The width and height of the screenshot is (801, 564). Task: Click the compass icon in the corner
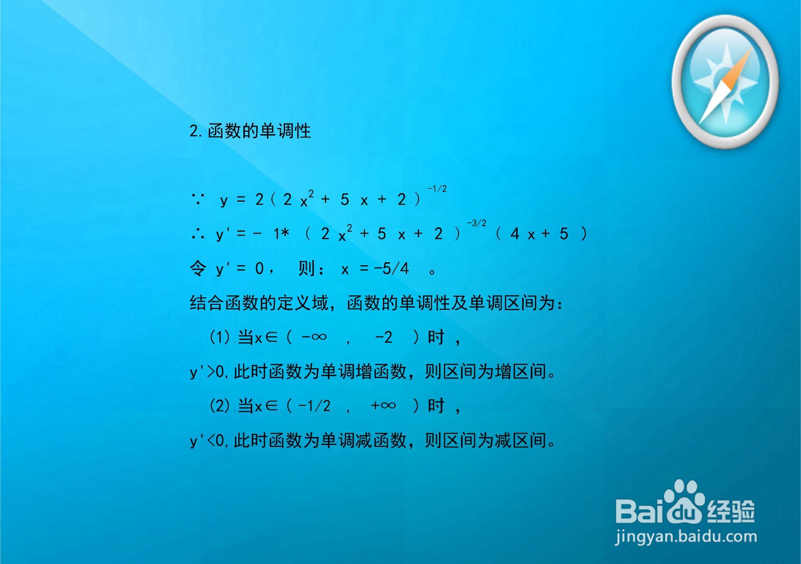(x=724, y=82)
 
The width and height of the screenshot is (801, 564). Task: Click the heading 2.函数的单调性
(x=250, y=131)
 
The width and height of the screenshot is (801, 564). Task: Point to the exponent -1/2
(x=437, y=189)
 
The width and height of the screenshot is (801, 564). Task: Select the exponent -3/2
(x=476, y=223)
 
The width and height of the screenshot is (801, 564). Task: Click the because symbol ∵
(x=198, y=199)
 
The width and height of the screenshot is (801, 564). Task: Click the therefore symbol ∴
(x=198, y=234)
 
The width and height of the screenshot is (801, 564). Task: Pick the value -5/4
(x=391, y=269)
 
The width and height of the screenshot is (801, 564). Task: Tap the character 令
(x=198, y=269)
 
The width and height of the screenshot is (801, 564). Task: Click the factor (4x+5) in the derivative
(x=541, y=234)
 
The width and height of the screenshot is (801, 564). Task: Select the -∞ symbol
(x=314, y=337)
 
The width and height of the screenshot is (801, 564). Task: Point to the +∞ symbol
(x=383, y=405)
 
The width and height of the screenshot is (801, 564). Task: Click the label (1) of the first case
(x=219, y=337)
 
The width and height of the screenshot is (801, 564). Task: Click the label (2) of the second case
(x=219, y=405)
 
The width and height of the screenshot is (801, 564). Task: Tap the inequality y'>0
(x=207, y=372)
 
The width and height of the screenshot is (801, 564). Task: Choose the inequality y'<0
(x=207, y=441)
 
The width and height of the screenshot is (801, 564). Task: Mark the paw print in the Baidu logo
(x=684, y=500)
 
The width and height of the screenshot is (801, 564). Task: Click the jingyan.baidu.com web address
(x=686, y=537)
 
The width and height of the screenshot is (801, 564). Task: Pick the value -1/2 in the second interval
(x=314, y=405)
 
